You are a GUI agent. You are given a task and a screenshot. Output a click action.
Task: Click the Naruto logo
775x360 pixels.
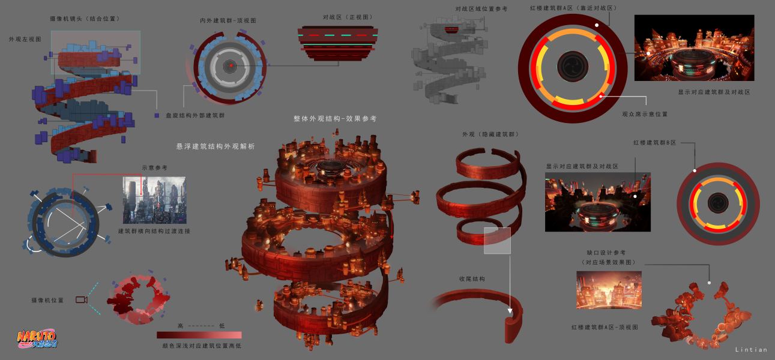(x=37, y=339)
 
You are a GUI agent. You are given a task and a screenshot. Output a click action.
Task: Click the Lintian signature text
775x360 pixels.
(x=751, y=350)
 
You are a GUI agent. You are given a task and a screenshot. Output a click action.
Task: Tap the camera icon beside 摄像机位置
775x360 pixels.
(x=82, y=299)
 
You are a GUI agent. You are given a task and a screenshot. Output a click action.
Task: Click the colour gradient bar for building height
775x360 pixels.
(x=199, y=335)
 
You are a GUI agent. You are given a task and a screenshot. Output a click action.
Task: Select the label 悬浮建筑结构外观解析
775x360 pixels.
(x=215, y=146)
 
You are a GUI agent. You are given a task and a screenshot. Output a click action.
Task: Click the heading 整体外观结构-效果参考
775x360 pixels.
(x=335, y=119)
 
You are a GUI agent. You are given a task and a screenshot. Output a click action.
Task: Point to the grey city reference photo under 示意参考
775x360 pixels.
(x=154, y=200)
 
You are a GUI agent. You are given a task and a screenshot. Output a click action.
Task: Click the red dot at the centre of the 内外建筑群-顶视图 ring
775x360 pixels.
(x=231, y=65)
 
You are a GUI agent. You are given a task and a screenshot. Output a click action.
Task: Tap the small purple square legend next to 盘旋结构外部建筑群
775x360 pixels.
(x=157, y=115)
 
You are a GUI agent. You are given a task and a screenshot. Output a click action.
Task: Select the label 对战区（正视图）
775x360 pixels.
(x=348, y=17)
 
